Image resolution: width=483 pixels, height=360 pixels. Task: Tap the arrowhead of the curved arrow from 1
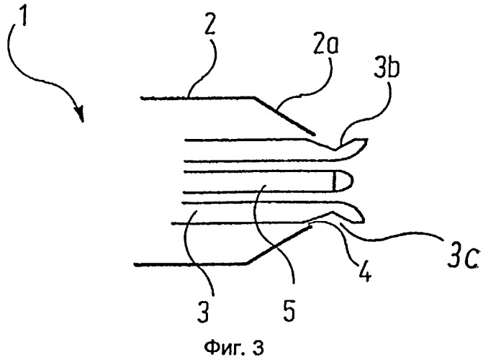click(80, 114)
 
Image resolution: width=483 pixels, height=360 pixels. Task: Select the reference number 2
click(209, 23)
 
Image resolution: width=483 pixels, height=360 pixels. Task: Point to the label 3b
click(387, 68)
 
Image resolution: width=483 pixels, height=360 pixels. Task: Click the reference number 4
click(365, 272)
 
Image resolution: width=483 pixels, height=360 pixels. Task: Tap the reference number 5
click(289, 311)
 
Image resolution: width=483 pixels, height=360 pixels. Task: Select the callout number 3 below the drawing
click(203, 311)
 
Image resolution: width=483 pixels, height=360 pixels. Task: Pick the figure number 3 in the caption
click(258, 347)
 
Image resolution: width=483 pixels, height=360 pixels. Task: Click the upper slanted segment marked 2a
click(284, 116)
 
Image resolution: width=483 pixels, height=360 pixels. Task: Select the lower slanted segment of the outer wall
click(279, 245)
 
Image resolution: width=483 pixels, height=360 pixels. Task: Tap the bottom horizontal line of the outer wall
click(190, 264)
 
